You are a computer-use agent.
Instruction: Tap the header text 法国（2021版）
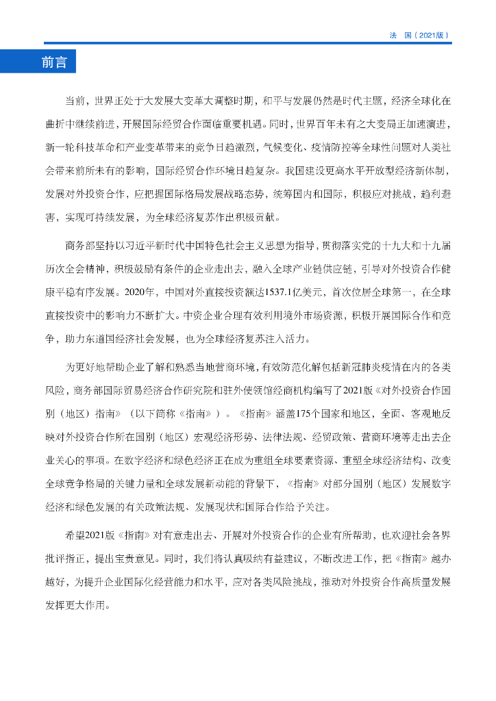point(419,34)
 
